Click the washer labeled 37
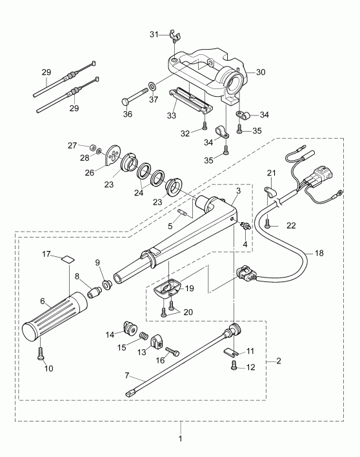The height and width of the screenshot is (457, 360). click(151, 85)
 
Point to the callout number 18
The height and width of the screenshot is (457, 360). click(320, 254)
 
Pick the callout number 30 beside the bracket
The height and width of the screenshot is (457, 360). click(260, 72)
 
